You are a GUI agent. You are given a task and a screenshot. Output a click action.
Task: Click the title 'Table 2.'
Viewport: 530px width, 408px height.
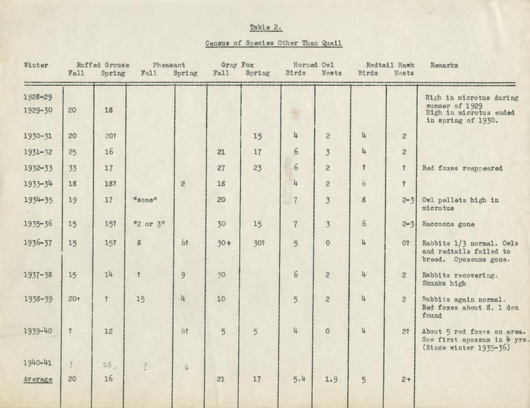[x=265, y=27]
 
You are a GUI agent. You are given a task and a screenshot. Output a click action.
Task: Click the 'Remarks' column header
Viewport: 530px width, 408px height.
[x=444, y=65]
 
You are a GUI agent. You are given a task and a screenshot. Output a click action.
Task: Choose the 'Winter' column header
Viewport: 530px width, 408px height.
[x=36, y=65]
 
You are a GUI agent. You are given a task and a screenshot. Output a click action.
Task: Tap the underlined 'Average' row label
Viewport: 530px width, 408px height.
[x=37, y=379]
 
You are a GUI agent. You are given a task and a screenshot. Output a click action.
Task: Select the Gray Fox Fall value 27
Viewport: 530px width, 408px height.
[x=220, y=167]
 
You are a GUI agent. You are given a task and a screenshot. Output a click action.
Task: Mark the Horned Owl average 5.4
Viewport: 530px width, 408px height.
[x=295, y=379]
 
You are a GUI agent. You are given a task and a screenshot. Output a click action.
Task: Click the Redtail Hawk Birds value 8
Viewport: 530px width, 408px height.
[x=364, y=200]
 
